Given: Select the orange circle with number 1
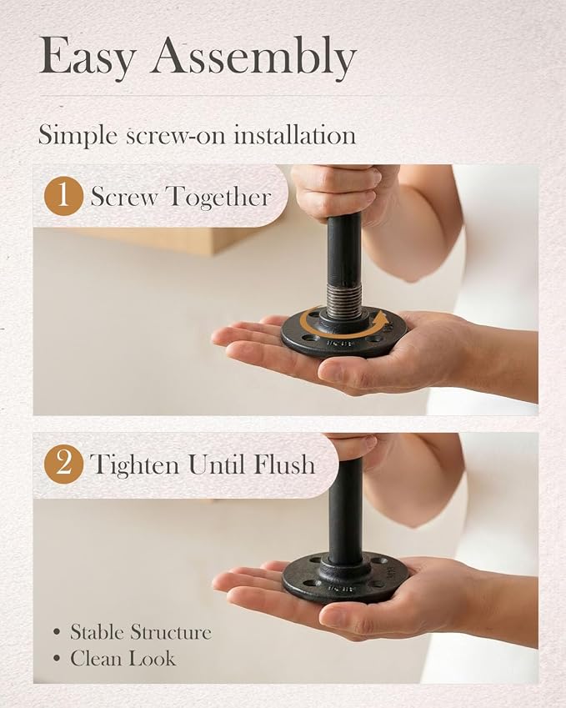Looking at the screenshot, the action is pyautogui.click(x=63, y=196).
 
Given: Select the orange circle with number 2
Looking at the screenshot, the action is pyautogui.click(x=63, y=464).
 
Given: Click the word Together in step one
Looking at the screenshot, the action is pyautogui.click(x=219, y=198).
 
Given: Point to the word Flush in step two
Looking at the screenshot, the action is pyautogui.click(x=284, y=464).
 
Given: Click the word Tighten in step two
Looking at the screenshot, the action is pyautogui.click(x=134, y=464).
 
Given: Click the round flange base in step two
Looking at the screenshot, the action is pyautogui.click(x=345, y=579).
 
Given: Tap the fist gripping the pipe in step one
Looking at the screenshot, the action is pyautogui.click(x=342, y=192).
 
